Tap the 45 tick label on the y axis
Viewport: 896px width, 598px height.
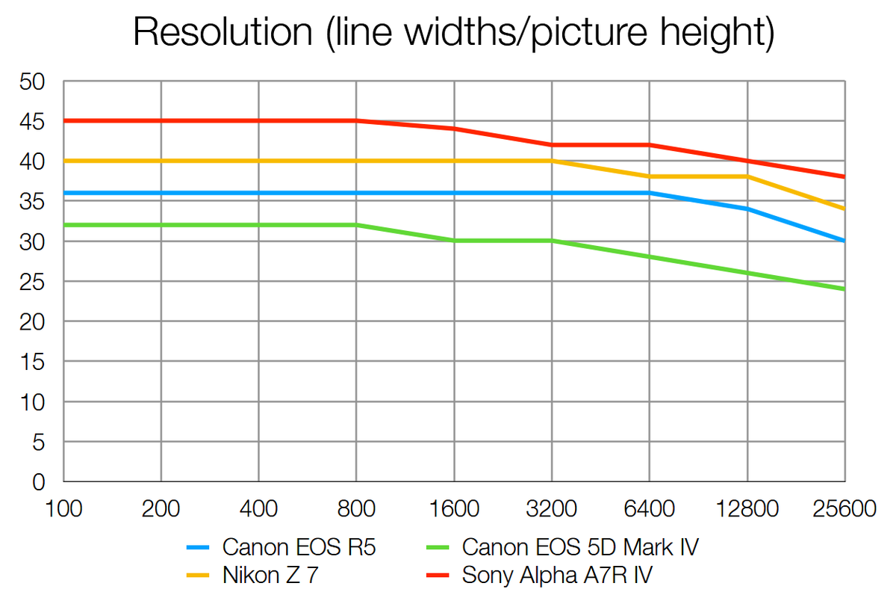pos(34,121)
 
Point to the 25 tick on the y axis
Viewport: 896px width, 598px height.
pos(34,282)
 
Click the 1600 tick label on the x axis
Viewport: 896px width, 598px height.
pos(454,510)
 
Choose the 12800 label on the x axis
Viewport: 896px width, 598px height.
pos(747,510)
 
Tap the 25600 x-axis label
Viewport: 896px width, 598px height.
pos(844,510)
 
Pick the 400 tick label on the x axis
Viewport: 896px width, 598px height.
pos(258,510)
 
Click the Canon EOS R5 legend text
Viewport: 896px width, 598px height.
pos(299,547)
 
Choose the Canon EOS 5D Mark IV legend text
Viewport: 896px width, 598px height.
pos(581,547)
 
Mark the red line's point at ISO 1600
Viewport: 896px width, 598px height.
pos(454,129)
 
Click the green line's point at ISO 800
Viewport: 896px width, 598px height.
pos(356,225)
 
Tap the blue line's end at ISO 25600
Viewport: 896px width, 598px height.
pos(844,241)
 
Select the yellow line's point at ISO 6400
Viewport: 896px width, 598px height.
pos(650,176)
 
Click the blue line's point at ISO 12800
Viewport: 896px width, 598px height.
pos(747,209)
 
